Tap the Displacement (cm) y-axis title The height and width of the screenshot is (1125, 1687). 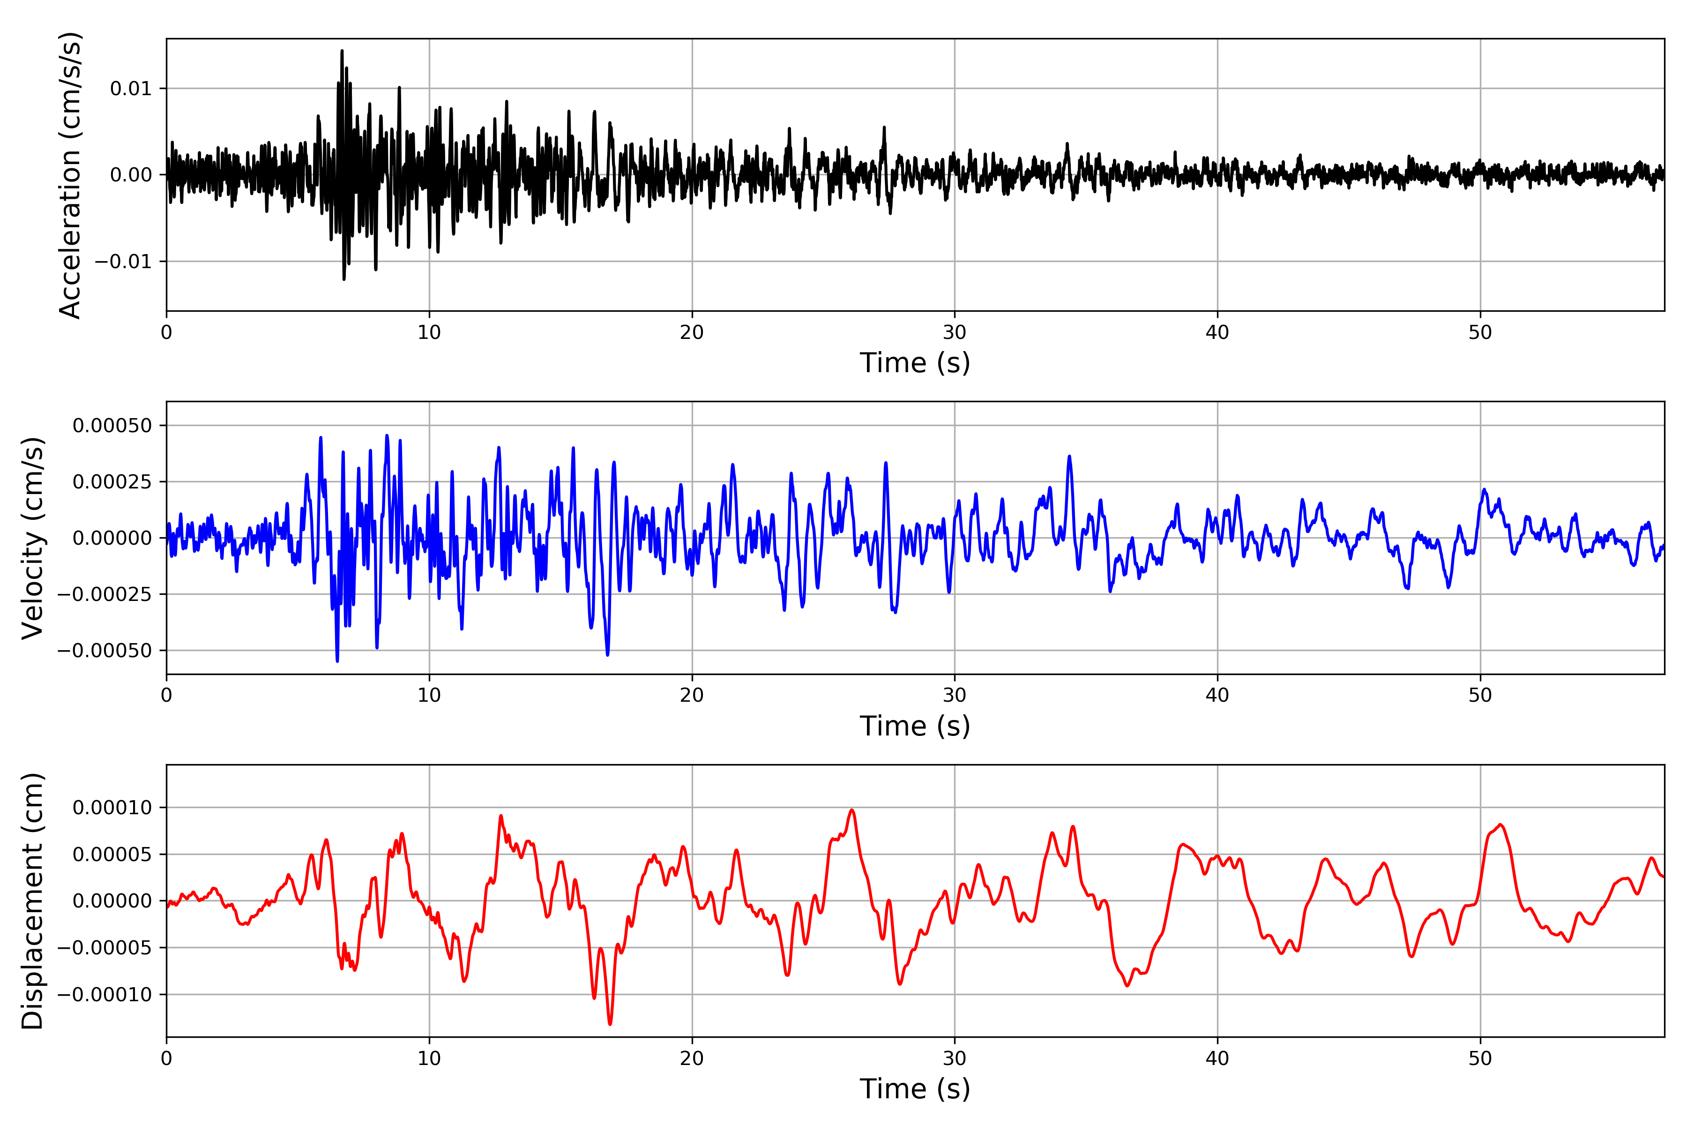point(33,900)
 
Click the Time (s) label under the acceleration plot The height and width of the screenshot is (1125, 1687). point(915,363)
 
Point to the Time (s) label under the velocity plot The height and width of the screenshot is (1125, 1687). point(915,726)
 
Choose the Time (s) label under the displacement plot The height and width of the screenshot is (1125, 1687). point(915,1089)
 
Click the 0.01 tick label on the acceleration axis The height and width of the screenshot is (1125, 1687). point(131,89)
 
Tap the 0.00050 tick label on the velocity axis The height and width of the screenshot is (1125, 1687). point(112,426)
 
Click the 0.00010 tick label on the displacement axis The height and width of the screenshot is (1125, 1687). point(112,808)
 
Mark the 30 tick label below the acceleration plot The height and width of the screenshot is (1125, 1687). point(954,333)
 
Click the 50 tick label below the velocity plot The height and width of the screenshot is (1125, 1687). point(1480,695)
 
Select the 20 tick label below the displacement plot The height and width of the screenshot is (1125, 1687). point(692,1058)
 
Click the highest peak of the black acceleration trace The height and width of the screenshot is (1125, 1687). point(342,51)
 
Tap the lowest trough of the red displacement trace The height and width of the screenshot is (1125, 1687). point(610,1024)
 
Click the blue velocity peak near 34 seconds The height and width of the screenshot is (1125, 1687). point(1069,456)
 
